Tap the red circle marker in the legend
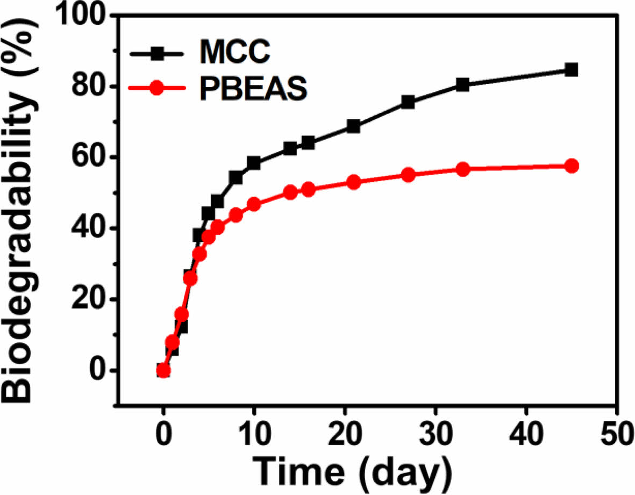tap(156, 89)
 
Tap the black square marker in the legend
tap(156, 54)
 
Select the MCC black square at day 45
tap(571, 70)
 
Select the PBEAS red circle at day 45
tap(571, 166)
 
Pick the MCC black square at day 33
tap(462, 84)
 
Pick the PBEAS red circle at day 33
tap(462, 169)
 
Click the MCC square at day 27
tap(408, 102)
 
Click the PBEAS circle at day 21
tap(354, 182)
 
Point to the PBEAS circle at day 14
tap(290, 192)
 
